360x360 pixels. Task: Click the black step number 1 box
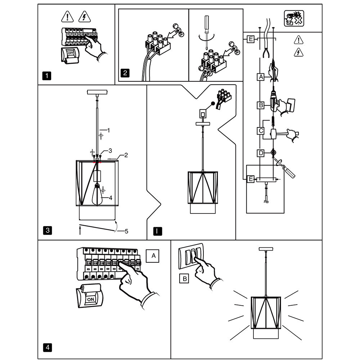(47, 76)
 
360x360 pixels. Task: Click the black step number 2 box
(125, 73)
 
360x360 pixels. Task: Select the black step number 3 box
(48, 230)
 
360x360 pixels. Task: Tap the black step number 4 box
(48, 347)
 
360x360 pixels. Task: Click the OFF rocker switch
(70, 55)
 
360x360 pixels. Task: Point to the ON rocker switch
(90, 296)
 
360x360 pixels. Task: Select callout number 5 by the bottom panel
(126, 231)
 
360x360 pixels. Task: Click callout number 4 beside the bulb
(111, 198)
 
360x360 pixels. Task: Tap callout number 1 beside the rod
(109, 130)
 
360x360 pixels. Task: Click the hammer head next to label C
(274, 134)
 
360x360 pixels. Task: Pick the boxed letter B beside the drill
(261, 105)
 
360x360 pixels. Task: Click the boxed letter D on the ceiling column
(261, 153)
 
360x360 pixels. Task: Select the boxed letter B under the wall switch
(184, 279)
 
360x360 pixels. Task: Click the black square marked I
(158, 231)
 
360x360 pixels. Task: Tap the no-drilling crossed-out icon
(294, 18)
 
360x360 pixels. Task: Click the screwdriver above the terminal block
(207, 32)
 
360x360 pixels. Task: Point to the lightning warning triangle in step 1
(85, 17)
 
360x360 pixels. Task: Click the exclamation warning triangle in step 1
(68, 17)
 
